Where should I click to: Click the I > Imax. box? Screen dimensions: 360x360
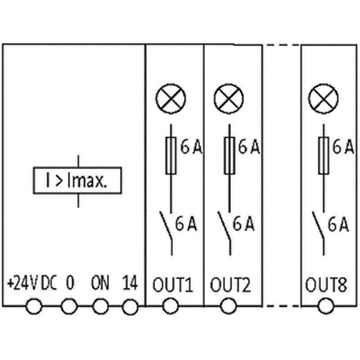78,181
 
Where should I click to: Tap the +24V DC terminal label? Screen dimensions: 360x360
32,283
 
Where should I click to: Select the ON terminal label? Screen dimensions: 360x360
100,283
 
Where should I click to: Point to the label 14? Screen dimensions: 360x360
130,283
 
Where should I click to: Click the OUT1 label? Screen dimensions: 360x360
173,285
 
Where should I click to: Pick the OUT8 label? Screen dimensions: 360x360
326,285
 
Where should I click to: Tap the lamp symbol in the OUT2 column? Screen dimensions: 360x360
228,98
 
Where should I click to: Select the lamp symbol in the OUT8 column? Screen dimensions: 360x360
324,98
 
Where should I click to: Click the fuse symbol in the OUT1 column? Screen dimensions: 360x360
171,155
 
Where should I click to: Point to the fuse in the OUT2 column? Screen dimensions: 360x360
229,155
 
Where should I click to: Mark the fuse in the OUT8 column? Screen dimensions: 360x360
324,155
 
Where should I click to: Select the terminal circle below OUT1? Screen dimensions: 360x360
170,307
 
